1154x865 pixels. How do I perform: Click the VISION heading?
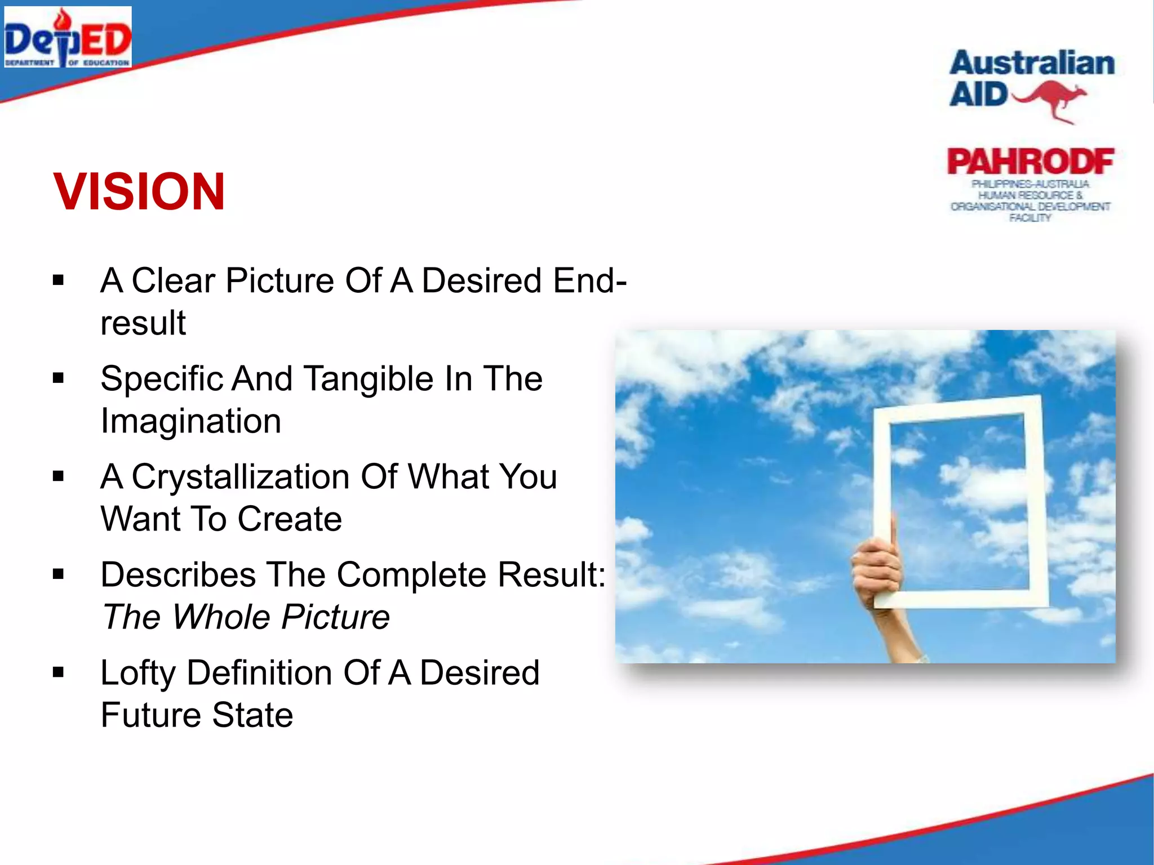point(139,192)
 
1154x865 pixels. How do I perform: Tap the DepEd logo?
point(68,37)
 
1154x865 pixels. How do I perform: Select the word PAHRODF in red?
point(1030,162)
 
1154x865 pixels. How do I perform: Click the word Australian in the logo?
point(1032,63)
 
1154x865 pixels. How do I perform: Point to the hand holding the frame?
point(876,569)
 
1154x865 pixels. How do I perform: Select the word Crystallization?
point(241,477)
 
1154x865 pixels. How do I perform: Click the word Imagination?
point(190,421)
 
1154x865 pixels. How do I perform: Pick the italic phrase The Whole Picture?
point(246,617)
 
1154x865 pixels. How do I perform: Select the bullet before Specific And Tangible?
point(58,378)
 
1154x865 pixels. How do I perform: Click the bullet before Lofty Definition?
point(58,672)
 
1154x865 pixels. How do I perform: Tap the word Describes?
point(178,575)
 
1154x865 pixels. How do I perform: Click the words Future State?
point(197,715)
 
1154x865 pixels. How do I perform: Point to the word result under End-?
point(143,323)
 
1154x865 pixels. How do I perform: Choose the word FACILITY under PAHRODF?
point(1030,218)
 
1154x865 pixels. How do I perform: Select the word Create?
point(290,519)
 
